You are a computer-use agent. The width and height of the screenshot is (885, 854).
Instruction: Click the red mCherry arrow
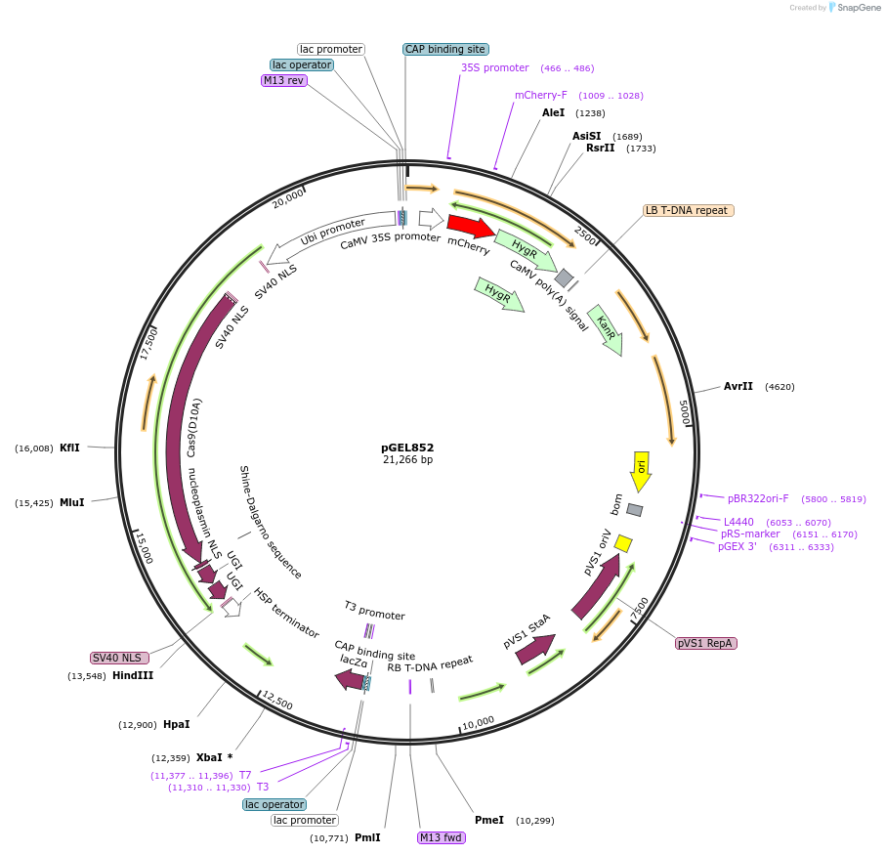[470, 227]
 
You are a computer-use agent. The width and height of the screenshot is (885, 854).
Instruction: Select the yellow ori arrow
[641, 470]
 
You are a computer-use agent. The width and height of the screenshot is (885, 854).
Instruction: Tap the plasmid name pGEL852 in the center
[407, 447]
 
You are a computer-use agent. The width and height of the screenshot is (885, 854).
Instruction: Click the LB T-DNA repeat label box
[688, 210]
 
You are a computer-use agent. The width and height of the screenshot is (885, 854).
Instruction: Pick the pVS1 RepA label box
[706, 643]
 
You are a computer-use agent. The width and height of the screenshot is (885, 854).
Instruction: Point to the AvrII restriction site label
[738, 386]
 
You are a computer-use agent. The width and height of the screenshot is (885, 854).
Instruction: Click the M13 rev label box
[284, 80]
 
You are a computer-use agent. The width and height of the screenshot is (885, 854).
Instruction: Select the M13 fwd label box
[442, 837]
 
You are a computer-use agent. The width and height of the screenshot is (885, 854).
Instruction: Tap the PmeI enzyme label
[488, 820]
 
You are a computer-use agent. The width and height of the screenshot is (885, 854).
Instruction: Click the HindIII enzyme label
[133, 675]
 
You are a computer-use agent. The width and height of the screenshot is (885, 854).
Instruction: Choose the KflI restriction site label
[69, 448]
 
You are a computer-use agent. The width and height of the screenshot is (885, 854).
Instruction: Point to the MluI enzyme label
[71, 502]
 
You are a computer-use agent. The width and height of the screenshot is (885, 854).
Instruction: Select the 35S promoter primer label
[494, 67]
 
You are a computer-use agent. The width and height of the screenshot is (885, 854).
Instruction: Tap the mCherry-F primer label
[540, 95]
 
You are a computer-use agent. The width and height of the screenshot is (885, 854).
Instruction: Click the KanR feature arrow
[607, 329]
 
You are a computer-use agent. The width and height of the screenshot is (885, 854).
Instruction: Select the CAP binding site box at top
[444, 49]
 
